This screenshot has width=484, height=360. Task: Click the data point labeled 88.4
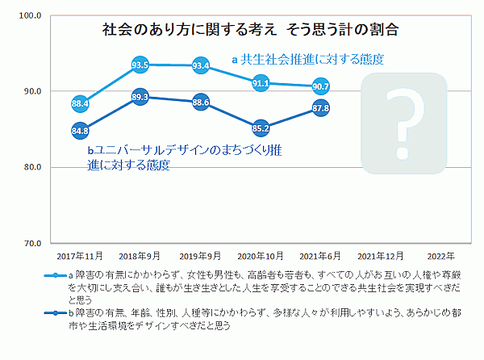tap(80, 104)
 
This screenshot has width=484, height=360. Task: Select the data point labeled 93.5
tap(140, 65)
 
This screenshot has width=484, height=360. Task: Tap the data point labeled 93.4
tap(201, 65)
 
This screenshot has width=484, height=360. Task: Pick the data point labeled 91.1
tap(261, 83)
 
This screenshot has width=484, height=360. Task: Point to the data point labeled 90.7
tap(321, 86)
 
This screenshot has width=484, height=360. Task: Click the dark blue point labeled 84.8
tap(80, 131)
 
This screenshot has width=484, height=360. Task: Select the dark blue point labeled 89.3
tap(140, 97)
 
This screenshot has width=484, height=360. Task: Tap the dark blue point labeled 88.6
tap(201, 103)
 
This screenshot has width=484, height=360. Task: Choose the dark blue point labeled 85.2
tap(261, 128)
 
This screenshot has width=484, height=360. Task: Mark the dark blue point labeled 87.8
tap(321, 108)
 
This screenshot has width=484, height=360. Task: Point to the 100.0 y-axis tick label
tap(30, 15)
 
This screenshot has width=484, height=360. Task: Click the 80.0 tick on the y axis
tap(32, 167)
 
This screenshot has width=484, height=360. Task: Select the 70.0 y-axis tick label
tap(32, 244)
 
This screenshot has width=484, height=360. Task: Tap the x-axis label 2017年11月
tap(80, 256)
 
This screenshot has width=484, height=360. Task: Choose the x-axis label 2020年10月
tap(261, 256)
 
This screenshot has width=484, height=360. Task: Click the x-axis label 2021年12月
tap(381, 256)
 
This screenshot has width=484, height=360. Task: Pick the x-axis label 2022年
tap(440, 256)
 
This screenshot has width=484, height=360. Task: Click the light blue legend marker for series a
tap(56, 275)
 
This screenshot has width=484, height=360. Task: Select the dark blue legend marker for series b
tap(56, 313)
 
